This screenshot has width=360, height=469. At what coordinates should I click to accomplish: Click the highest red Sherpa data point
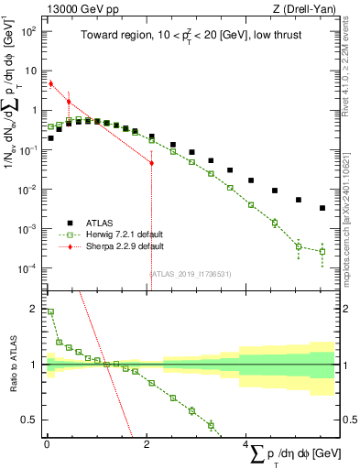click(50, 83)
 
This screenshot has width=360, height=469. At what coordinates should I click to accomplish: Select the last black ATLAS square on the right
click(322, 208)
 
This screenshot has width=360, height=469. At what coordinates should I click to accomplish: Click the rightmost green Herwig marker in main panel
click(322, 251)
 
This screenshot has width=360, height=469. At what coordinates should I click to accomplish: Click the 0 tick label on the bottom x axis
click(46, 443)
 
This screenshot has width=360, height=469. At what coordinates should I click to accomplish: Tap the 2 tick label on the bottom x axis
click(147, 443)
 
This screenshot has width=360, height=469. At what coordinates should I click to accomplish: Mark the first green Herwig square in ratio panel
click(50, 311)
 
